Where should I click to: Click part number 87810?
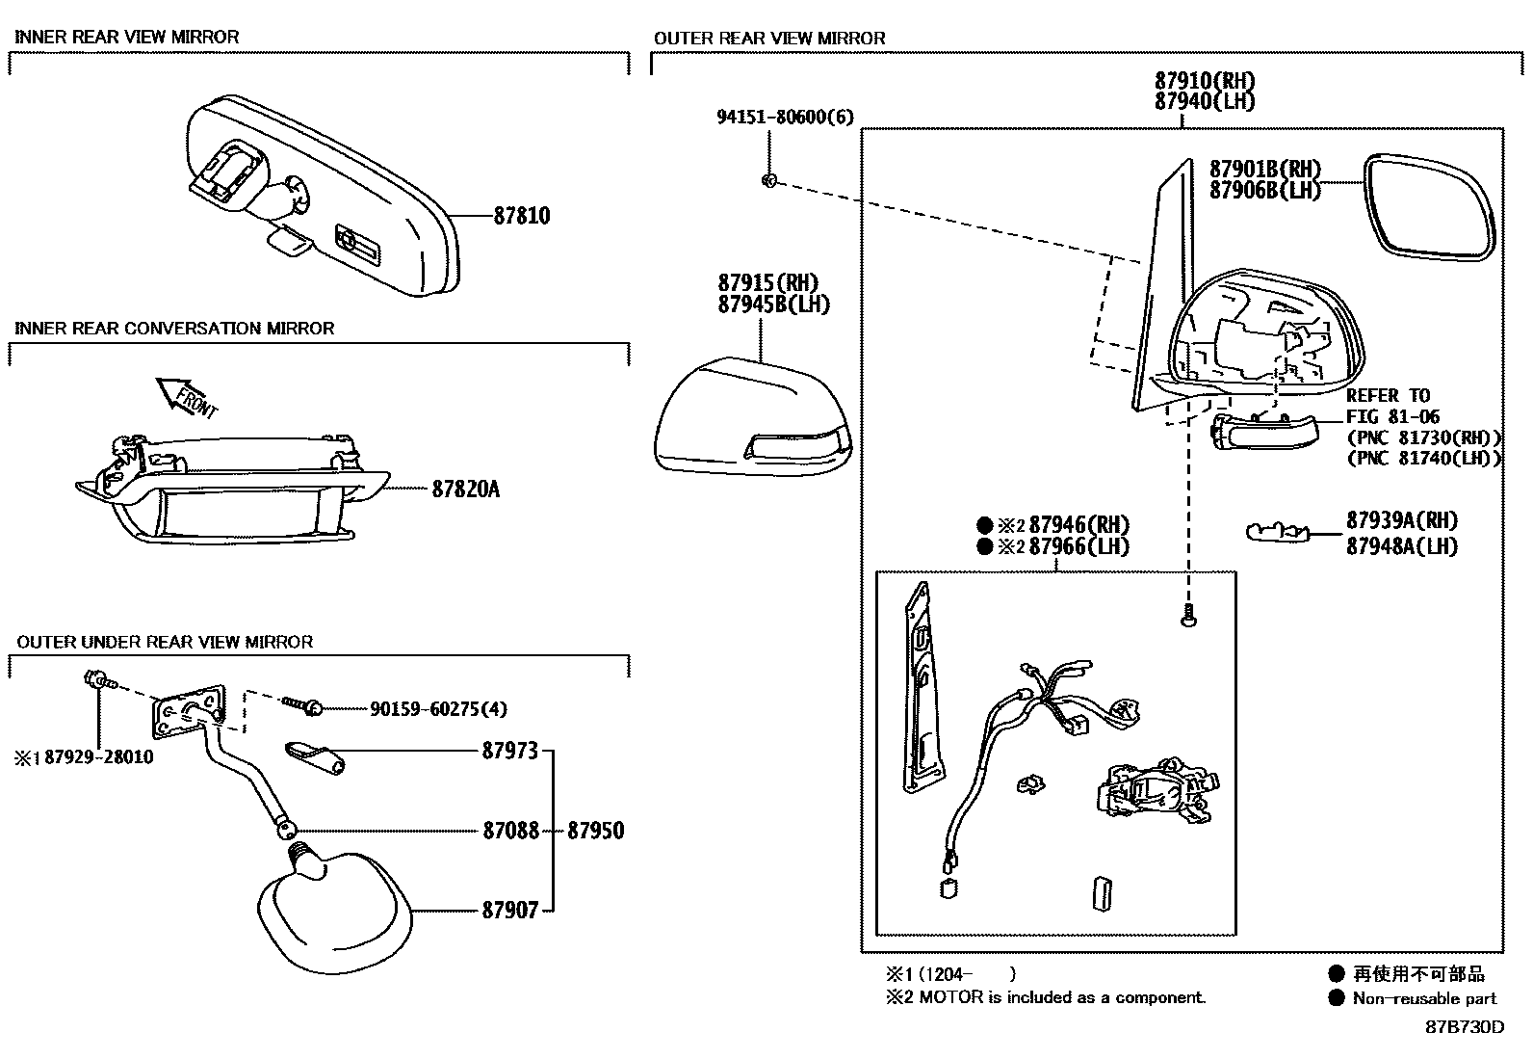[x=521, y=216]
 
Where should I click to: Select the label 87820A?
[x=465, y=490]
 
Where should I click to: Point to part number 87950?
[x=595, y=831]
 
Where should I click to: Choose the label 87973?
[x=509, y=751]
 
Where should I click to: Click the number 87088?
[x=510, y=831]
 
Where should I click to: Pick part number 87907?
[x=509, y=910]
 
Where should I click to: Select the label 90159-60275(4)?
[x=438, y=709]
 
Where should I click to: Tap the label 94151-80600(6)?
[x=785, y=118]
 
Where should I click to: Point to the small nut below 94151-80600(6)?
[x=768, y=180]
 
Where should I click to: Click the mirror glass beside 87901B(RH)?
[x=1431, y=205]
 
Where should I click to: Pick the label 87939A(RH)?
[x=1401, y=520]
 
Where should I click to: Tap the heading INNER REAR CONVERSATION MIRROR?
[x=174, y=329]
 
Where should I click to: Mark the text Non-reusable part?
[x=1424, y=998]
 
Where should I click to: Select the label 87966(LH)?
[x=1078, y=547]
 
